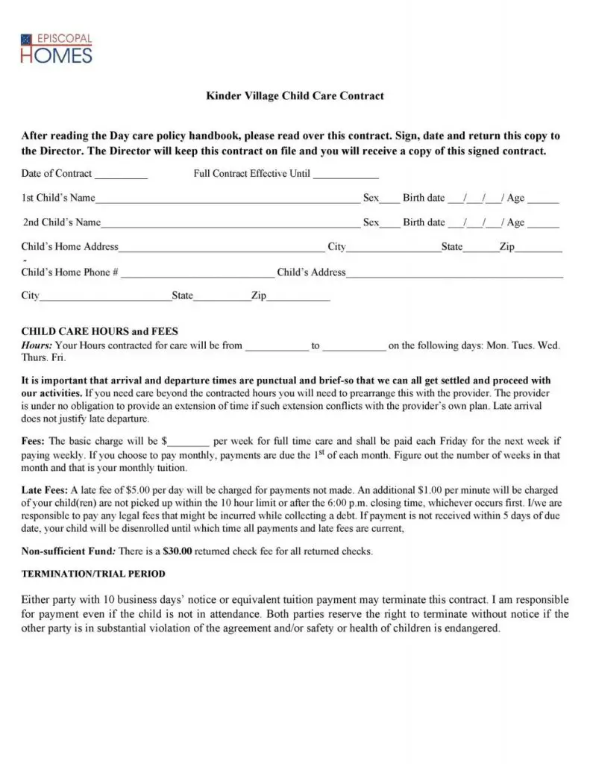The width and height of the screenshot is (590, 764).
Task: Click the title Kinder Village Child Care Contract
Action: (x=295, y=96)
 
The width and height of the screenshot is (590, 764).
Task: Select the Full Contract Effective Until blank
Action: (x=345, y=176)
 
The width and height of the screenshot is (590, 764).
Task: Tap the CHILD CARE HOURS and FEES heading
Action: (x=99, y=331)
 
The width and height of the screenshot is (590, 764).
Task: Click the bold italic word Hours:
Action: (x=37, y=345)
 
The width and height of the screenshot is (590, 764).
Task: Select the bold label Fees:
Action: (x=33, y=442)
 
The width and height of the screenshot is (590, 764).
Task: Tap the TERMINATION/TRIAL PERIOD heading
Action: (x=93, y=574)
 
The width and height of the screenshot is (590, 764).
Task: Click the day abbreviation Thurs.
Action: (x=33, y=358)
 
